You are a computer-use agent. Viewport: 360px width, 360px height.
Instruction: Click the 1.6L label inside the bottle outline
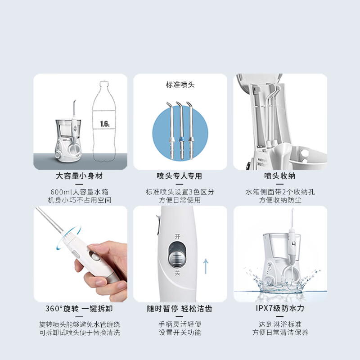point(105,124)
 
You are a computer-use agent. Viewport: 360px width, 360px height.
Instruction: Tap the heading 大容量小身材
point(79,176)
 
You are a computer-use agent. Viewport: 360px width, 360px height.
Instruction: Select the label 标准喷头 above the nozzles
point(180,85)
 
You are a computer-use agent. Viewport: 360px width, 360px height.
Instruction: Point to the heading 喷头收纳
point(279,176)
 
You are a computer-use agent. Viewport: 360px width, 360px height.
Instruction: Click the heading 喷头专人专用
point(179,176)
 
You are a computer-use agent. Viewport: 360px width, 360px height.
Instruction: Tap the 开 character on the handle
point(177,236)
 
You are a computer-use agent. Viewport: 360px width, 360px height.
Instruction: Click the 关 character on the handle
point(177,273)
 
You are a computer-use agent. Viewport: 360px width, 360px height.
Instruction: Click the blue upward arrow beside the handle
point(206,266)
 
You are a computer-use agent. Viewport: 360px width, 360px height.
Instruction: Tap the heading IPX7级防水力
point(280,308)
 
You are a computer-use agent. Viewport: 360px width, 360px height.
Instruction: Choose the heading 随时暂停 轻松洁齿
point(179,309)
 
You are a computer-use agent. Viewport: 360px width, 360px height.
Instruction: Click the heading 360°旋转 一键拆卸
point(79,309)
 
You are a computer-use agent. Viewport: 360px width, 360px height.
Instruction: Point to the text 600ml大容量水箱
point(80,192)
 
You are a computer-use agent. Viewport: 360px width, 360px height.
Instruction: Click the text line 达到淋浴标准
point(280,324)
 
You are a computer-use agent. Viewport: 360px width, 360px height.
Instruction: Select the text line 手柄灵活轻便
point(180,324)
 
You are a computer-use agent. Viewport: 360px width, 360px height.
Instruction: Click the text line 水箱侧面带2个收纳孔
point(280,192)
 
